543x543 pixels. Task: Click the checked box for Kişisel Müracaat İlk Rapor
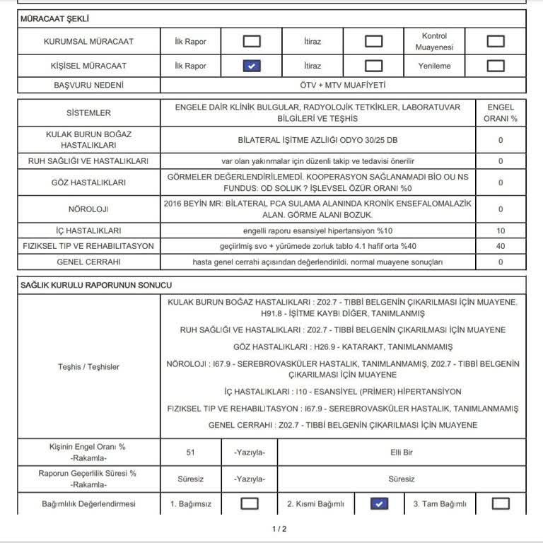pyautogui.click(x=252, y=66)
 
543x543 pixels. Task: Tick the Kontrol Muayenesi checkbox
pyautogui.click(x=496, y=41)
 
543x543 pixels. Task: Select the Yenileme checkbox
pyautogui.click(x=496, y=66)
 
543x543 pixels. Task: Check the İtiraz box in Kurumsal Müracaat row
pyautogui.click(x=373, y=41)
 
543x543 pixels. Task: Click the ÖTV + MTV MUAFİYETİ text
pyautogui.click(x=343, y=86)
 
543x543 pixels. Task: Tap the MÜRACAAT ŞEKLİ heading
pyautogui.click(x=54, y=19)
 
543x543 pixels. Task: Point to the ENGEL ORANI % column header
pyautogui.click(x=501, y=113)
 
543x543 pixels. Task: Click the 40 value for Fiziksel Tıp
pyautogui.click(x=501, y=246)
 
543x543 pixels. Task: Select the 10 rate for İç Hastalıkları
pyautogui.click(x=501, y=230)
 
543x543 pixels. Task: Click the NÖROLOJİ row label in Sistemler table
pyautogui.click(x=89, y=209)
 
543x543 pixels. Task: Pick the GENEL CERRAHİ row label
pyautogui.click(x=89, y=262)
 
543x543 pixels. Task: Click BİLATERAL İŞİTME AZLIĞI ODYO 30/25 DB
pyautogui.click(x=317, y=140)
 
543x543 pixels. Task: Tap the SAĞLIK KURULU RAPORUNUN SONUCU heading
pyautogui.click(x=96, y=284)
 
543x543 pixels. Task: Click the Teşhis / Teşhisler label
pyautogui.click(x=89, y=366)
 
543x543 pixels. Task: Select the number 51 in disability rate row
pyautogui.click(x=191, y=452)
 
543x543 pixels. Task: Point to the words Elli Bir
pyautogui.click(x=402, y=452)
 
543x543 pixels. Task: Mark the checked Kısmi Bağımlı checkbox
pyautogui.click(x=380, y=503)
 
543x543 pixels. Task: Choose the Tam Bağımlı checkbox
pyautogui.click(x=501, y=503)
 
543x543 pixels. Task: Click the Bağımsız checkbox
pyautogui.click(x=250, y=503)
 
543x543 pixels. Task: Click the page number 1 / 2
pyautogui.click(x=279, y=529)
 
